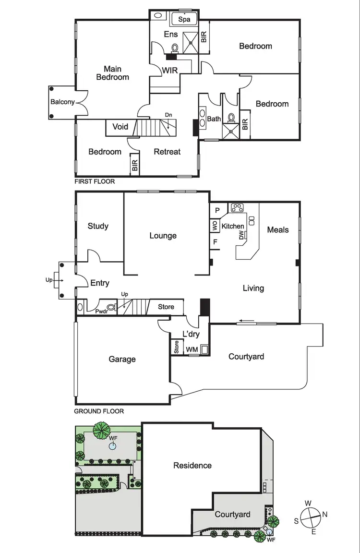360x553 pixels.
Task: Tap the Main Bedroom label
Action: click(x=112, y=72)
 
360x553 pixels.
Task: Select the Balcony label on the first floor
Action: click(x=63, y=102)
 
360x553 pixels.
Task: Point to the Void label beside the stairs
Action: click(x=120, y=127)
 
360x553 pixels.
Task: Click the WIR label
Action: click(x=169, y=70)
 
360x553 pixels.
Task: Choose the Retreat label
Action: click(x=167, y=152)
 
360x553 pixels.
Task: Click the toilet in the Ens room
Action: click(x=175, y=48)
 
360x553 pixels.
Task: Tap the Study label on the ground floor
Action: click(x=98, y=226)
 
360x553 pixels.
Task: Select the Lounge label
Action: click(x=163, y=236)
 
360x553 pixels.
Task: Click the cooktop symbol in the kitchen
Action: click(x=237, y=208)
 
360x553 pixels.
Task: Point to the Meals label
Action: click(x=278, y=230)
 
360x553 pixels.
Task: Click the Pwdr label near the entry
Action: click(x=101, y=312)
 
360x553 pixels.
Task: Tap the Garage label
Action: click(x=122, y=359)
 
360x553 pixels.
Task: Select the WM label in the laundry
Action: click(x=192, y=349)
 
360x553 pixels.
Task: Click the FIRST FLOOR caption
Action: click(x=95, y=182)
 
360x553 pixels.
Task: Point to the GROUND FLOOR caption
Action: click(x=99, y=411)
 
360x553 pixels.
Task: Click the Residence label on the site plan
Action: click(x=192, y=465)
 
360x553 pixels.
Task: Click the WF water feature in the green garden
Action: click(x=112, y=446)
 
